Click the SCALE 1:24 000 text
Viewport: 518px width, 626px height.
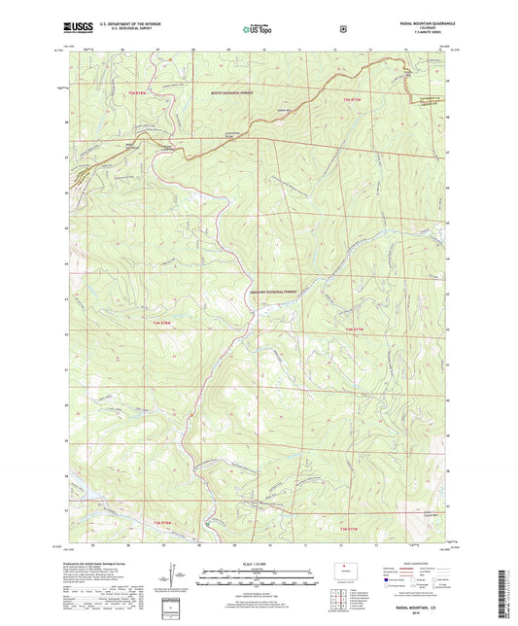(259, 564)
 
